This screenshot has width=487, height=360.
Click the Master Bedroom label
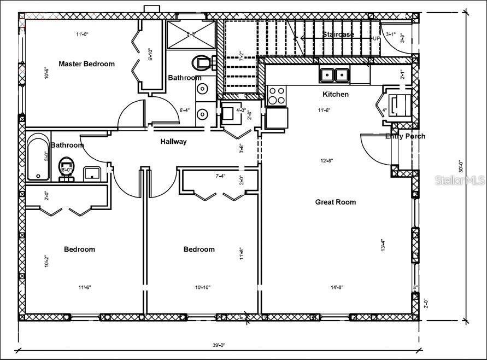86,64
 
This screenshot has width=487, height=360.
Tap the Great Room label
335,202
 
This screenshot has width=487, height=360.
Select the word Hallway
173,142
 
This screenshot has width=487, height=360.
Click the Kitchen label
336,94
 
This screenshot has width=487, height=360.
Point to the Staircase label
337,34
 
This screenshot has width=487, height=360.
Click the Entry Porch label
405,136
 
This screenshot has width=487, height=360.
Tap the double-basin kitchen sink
335,74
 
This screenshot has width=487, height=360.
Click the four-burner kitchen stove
276,96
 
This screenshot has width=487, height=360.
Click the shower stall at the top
191,34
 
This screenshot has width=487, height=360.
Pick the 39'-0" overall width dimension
219,345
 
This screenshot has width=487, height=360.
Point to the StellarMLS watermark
459,180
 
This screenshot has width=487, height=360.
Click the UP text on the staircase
376,39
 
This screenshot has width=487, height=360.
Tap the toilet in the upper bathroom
202,63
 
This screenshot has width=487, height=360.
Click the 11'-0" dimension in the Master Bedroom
82,34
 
